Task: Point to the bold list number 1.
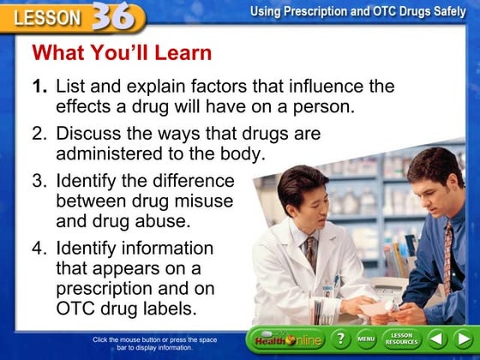pyautogui.click(x=39, y=87)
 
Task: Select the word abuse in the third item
pyautogui.click(x=162, y=220)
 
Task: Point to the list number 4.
pyautogui.click(x=39, y=249)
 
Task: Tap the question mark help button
pyautogui.click(x=340, y=339)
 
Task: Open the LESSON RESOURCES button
pyautogui.click(x=402, y=339)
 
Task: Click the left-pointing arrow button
pyautogui.click(x=437, y=339)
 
